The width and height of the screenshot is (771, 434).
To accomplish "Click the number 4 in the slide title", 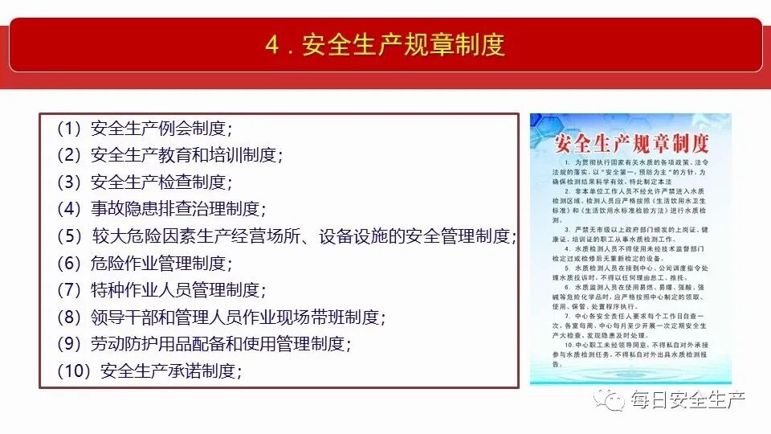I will [271, 45].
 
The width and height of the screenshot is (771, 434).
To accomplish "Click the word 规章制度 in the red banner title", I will [454, 45].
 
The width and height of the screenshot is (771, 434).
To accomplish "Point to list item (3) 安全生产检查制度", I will [144, 182].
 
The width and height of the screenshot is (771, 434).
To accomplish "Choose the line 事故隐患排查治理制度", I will [161, 209].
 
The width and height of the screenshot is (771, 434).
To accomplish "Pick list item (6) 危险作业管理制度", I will [144, 263].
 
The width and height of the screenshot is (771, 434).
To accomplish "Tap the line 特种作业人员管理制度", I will [161, 290].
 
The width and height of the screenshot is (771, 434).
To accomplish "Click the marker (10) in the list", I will [75, 371].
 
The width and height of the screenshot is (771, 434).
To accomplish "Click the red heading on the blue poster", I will [631, 145].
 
